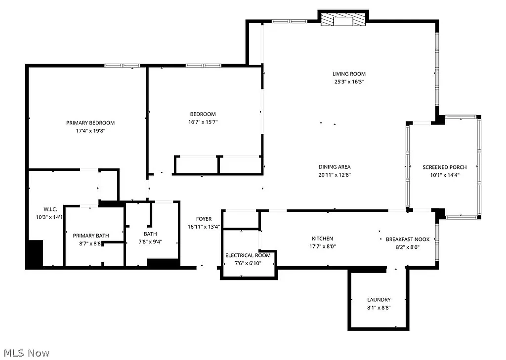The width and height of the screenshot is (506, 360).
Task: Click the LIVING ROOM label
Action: (348, 74)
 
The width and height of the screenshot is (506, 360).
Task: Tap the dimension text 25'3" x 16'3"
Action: (348, 82)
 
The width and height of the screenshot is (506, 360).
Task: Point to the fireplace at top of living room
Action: (342, 20)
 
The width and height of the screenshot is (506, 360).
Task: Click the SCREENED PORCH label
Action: (444, 167)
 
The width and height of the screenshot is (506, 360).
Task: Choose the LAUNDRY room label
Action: (379, 300)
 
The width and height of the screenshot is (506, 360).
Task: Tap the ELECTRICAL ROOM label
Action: (248, 255)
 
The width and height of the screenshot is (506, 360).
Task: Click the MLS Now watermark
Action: (27, 353)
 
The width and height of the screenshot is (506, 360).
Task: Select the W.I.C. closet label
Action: (50, 209)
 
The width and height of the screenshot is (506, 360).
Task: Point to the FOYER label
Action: (204, 219)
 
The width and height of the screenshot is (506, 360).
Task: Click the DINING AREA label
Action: (334, 167)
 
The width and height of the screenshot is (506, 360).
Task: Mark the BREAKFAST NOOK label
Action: (407, 240)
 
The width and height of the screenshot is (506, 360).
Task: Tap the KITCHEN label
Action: (322, 239)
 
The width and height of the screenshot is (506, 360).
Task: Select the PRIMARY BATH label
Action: (91, 236)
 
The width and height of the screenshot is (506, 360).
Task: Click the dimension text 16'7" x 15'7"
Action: (203, 122)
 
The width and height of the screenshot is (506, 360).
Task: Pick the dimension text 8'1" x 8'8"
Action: (379, 308)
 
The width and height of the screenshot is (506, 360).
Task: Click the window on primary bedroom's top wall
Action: (122, 65)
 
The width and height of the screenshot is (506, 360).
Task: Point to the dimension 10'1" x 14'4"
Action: (444, 175)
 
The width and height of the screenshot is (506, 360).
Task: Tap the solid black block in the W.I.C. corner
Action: (35, 254)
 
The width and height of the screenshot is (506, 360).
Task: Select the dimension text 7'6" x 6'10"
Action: (248, 263)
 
